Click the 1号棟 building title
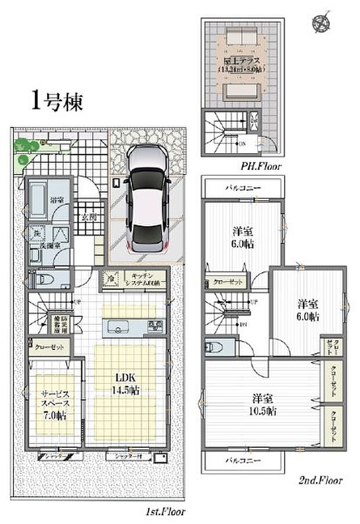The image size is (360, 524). [56, 102]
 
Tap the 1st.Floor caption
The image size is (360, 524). [165, 512]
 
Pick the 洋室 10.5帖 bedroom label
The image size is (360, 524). [263, 404]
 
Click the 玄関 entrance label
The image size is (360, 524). [89, 218]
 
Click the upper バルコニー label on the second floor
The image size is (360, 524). [242, 188]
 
